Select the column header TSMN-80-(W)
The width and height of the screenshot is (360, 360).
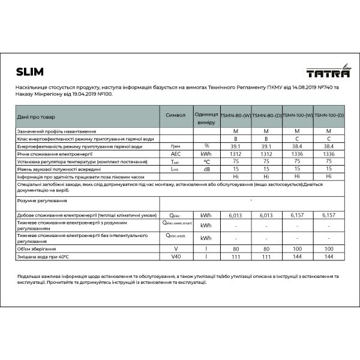tap(235, 115)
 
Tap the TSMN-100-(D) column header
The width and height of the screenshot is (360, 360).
tap(329, 115)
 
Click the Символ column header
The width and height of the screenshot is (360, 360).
tap(175, 115)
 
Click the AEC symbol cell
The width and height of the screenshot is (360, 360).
tap(175, 154)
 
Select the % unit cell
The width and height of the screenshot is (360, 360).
tap(206, 146)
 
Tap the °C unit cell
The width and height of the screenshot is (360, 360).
tap(206, 161)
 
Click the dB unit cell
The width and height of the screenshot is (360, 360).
tap(206, 169)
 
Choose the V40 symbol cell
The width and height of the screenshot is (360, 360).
tap(175, 256)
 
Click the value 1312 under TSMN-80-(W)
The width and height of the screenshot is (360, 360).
tap(235, 154)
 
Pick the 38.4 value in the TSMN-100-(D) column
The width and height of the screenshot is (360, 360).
tap(329, 146)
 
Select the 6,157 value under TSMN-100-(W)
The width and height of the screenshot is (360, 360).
tap(298, 215)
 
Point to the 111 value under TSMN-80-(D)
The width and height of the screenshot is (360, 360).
tap(266, 256)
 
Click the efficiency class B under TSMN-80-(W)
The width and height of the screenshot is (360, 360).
tap(235, 139)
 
